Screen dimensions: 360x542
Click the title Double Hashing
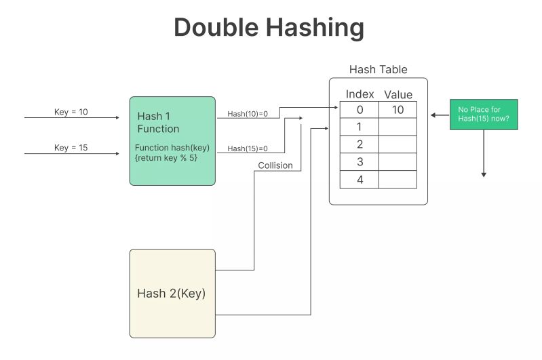click(x=269, y=28)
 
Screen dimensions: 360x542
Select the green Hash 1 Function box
click(x=172, y=140)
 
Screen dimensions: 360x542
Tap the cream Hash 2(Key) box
click(x=172, y=293)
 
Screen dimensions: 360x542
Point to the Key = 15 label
click(x=71, y=148)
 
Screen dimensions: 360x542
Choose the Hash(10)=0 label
click(x=248, y=114)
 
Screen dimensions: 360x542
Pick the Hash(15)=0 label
click(x=248, y=148)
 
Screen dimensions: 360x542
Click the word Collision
click(x=275, y=165)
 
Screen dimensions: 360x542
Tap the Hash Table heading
click(x=378, y=70)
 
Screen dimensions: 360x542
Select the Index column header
click(x=360, y=94)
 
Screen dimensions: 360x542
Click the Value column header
click(x=398, y=95)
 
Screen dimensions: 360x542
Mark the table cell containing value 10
click(x=398, y=110)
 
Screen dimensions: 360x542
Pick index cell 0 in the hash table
click(x=360, y=110)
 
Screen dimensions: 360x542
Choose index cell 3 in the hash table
click(x=360, y=161)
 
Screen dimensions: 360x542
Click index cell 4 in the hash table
click(x=360, y=179)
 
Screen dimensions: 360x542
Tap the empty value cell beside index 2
click(x=398, y=144)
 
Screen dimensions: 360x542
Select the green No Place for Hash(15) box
click(x=484, y=115)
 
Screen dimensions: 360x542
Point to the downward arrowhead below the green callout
click(x=484, y=174)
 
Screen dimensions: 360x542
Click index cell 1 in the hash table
click(x=360, y=127)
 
